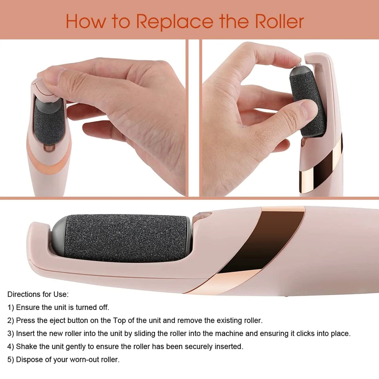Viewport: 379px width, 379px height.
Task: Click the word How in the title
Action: pos(86,22)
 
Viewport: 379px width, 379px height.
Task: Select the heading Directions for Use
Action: pos(38,294)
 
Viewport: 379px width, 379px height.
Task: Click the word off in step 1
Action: pos(103,307)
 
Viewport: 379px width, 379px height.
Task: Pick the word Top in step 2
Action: pos(119,321)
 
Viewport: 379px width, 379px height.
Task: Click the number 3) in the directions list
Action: pos(10,334)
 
